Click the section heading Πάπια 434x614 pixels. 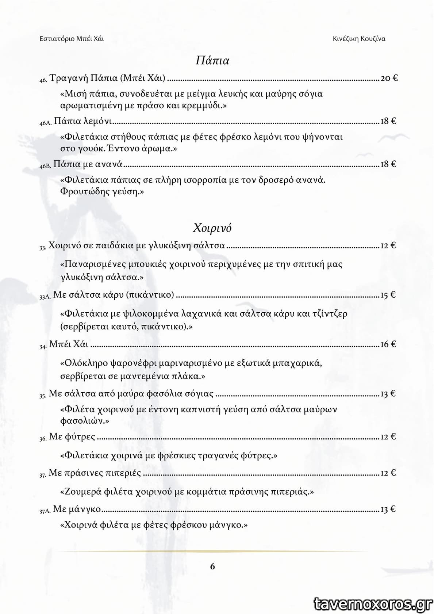[212, 60]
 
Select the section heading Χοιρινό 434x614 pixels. [212, 228]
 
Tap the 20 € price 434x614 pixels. [389, 78]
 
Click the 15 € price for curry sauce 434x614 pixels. [388, 295]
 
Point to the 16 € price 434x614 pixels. [388, 344]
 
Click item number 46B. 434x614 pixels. [45, 165]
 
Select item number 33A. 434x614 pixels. [45, 297]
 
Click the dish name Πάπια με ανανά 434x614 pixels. [88, 164]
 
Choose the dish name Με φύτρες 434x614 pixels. [72, 436]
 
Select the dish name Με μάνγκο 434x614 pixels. [77, 509]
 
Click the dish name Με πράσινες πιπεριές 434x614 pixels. [95, 473]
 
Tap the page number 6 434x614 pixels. [213, 566]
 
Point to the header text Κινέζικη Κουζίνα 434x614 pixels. [359, 39]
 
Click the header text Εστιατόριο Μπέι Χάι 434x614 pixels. [72, 39]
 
